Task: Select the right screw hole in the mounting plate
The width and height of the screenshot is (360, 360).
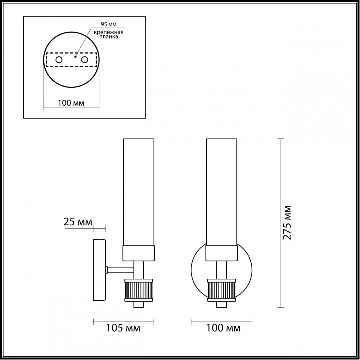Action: [84, 60]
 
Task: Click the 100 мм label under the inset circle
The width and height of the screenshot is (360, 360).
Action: [70, 103]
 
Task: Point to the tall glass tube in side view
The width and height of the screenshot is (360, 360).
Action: [140, 190]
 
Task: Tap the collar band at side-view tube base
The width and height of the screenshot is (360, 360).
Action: [140, 253]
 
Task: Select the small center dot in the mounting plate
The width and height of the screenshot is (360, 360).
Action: [75, 57]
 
